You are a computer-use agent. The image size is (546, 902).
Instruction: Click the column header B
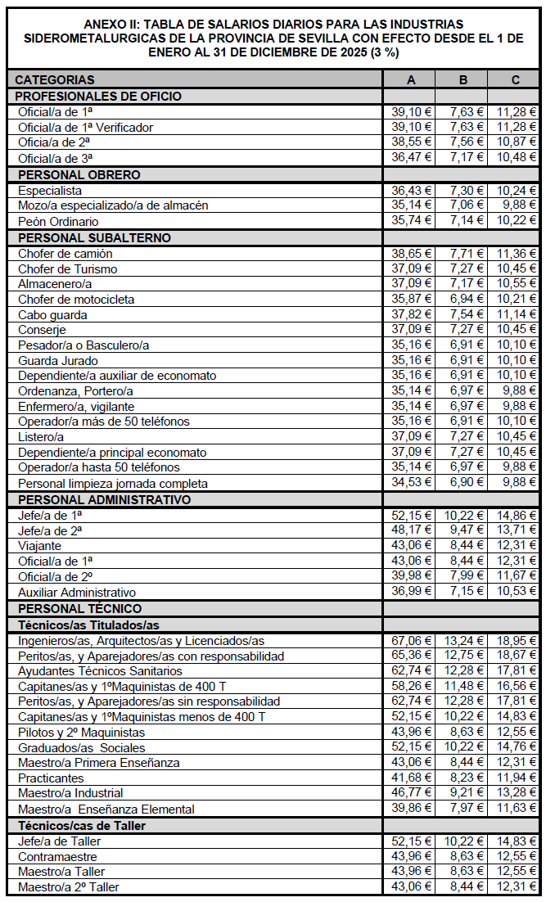pyautogui.click(x=463, y=79)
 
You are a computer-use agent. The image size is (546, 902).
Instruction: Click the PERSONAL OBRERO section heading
pyautogui.click(x=79, y=174)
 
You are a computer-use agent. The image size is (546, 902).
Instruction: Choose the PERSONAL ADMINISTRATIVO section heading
pyautogui.click(x=105, y=499)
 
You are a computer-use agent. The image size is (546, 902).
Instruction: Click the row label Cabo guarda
pyautogui.click(x=52, y=315)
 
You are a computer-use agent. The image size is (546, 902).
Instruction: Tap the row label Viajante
pyautogui.click(x=40, y=546)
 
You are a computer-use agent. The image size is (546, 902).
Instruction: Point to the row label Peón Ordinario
pyautogui.click(x=58, y=222)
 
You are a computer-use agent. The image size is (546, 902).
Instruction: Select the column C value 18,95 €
pyautogui.click(x=515, y=640)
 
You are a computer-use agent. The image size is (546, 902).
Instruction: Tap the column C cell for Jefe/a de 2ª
pyautogui.click(x=515, y=530)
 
